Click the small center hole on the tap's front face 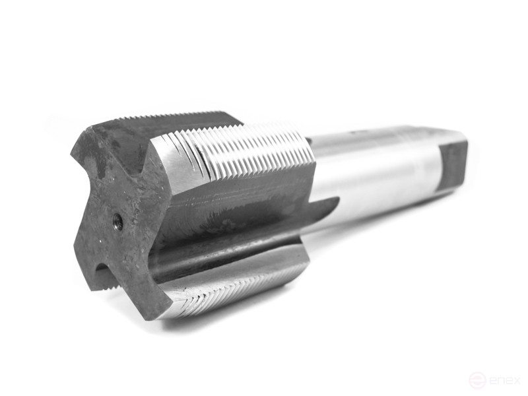click(118, 222)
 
